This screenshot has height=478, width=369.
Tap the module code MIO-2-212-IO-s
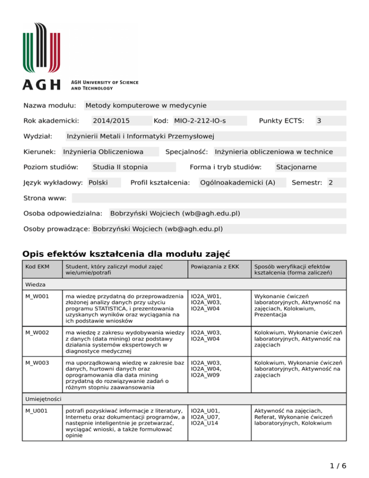(200, 121)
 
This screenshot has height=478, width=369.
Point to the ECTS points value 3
(319, 121)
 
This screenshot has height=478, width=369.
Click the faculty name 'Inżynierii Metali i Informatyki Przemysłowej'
(140, 136)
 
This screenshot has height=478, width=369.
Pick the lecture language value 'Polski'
(98, 182)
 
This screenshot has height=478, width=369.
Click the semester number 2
(330, 182)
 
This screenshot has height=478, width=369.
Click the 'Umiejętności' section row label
(42, 399)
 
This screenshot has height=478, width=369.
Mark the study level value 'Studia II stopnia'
(120, 167)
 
